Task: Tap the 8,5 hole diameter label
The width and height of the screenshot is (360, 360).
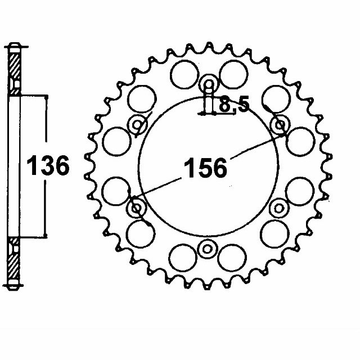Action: coord(234,105)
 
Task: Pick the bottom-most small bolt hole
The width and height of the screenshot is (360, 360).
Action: coord(208,248)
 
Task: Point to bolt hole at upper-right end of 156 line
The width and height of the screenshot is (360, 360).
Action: coord(280,125)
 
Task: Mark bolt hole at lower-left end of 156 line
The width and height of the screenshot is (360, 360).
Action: coord(137,208)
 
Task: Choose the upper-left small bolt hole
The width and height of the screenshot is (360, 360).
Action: coord(137,125)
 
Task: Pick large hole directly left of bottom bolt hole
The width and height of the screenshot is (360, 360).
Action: coord(182,258)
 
